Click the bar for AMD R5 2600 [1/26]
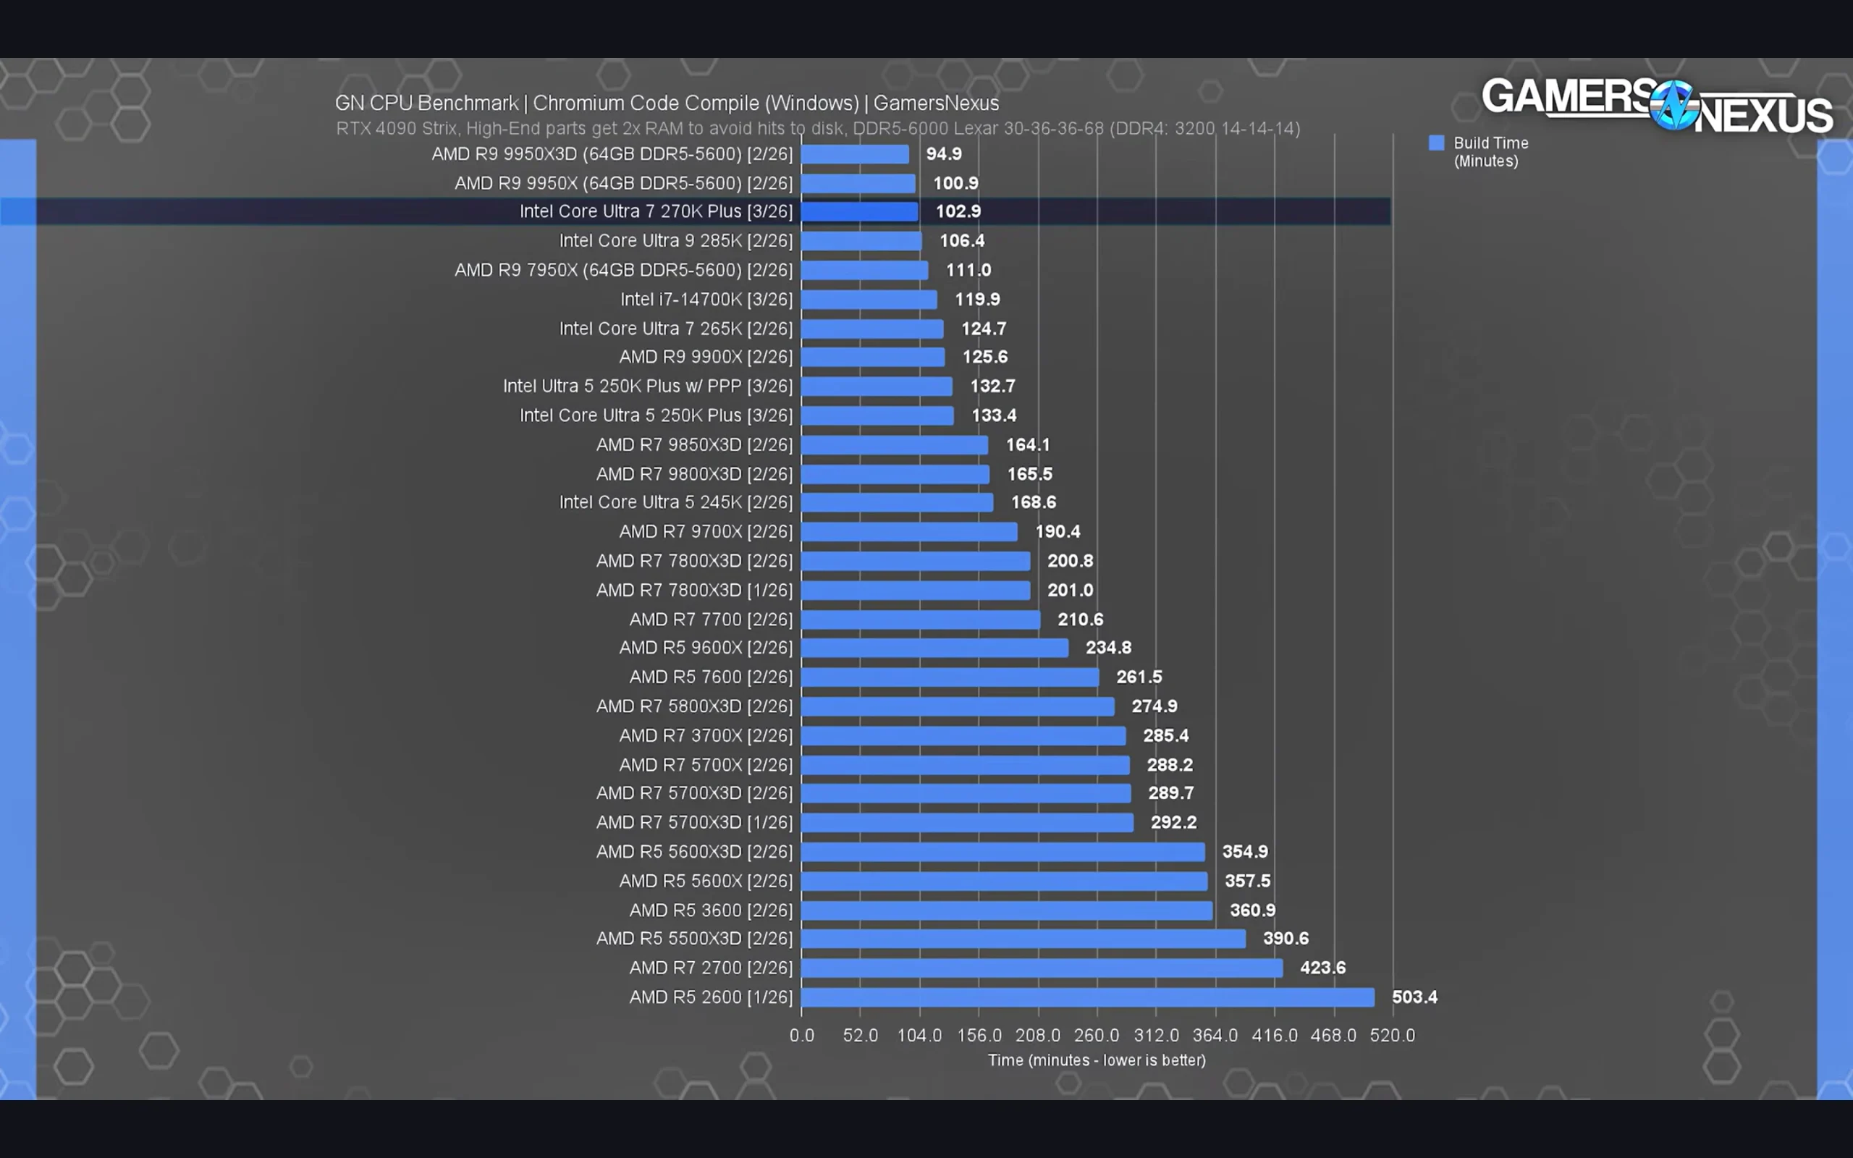[1087, 997]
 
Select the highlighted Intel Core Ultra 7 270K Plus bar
[859, 211]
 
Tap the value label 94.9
[943, 154]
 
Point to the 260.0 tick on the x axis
[1096, 1036]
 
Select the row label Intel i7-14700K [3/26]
[706, 300]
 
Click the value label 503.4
[1414, 997]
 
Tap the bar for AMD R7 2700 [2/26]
[1042, 968]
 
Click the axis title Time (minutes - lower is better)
[1096, 1061]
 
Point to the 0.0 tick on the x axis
[801, 1036]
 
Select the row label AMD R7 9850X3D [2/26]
[693, 445]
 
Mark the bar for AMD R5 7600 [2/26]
[950, 677]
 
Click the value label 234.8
[1107, 648]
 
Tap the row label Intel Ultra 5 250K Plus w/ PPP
[647, 386]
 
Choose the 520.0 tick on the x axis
[1391, 1036]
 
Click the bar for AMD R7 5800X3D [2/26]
[957, 706]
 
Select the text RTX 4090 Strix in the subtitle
[396, 129]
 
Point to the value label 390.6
[1285, 939]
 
